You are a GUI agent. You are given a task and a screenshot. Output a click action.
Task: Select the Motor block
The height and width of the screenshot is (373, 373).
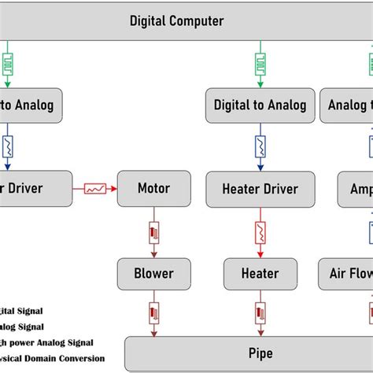pos(153,188)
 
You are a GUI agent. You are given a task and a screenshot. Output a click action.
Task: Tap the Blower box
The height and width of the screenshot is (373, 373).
pos(155,273)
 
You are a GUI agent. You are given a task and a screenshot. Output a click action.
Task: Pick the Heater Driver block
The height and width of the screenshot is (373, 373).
pos(260,189)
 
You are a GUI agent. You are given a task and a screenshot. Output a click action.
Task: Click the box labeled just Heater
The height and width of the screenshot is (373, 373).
pos(260,273)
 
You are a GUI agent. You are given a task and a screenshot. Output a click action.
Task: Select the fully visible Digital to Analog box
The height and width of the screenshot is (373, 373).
pos(260,105)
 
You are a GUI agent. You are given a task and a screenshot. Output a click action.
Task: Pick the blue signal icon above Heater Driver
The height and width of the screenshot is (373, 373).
pos(260,146)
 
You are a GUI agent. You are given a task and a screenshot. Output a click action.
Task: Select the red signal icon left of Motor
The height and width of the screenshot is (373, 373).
pos(95,189)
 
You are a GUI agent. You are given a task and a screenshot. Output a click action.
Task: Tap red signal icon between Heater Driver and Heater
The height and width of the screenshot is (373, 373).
pos(260,231)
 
